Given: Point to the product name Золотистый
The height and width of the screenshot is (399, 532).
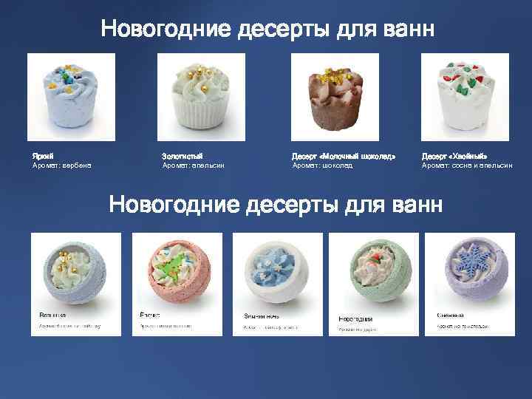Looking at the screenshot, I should pos(181,157).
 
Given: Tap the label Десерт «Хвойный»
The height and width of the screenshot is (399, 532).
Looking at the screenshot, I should pos(454,157).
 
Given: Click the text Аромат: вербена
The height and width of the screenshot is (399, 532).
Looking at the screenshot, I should pos(61,166).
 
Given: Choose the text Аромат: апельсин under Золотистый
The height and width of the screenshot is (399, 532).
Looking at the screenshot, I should pos(193,166).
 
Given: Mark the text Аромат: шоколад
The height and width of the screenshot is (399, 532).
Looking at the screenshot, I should pos(322,166).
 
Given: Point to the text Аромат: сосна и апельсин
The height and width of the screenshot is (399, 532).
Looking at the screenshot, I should pos(466,166).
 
